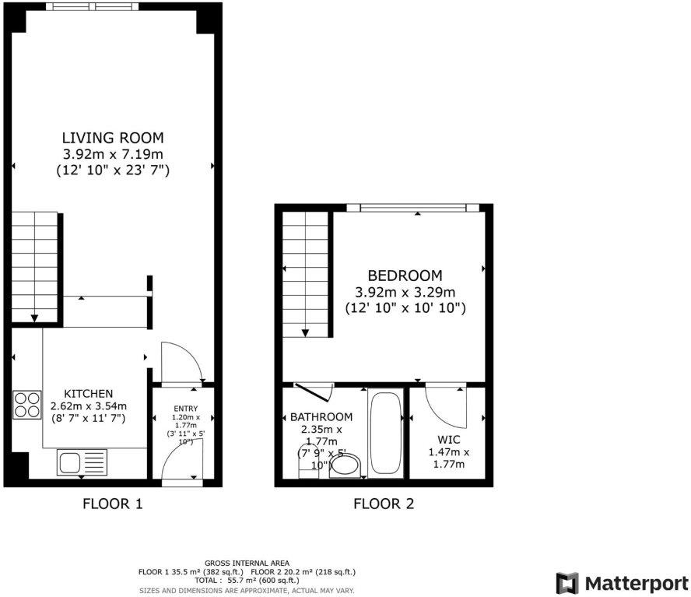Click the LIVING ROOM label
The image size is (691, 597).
tap(113, 138)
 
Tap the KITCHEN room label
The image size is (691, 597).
tap(89, 394)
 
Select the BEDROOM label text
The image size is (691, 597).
tap(405, 276)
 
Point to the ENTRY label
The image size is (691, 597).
tap(185, 409)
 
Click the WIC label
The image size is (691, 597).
tap(449, 440)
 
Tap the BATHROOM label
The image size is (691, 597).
tap(321, 416)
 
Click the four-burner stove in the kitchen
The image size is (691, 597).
tap(27, 405)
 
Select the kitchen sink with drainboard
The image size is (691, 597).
tap(82, 462)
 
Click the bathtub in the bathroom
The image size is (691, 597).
tap(385, 434)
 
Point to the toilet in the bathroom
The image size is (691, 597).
tap(308, 462)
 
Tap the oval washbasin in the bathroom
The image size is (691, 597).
tap(345, 466)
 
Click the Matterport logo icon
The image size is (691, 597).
tap(567, 583)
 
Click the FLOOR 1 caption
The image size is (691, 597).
tap(113, 504)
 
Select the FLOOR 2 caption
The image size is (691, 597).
tap(384, 504)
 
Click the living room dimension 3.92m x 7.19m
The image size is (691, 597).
tap(113, 154)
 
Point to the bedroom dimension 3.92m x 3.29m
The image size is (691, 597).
tap(405, 292)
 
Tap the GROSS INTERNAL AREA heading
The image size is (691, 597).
tap(247, 563)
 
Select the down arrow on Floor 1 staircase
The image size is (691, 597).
tap(34, 318)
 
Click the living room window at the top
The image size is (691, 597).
tap(92, 6)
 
